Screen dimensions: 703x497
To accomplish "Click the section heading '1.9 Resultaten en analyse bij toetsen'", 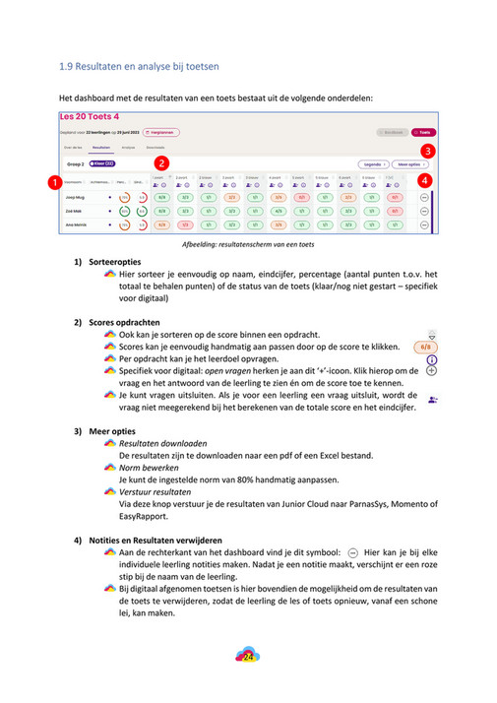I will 139,67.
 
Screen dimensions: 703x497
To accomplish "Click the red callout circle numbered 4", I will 424,181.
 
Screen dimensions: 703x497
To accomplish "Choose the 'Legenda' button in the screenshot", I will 373,164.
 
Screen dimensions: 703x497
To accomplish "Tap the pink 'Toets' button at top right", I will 423,132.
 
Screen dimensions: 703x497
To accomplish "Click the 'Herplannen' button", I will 160,132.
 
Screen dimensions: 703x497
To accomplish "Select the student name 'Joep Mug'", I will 75,197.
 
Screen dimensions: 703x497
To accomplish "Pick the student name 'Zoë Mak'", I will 74,211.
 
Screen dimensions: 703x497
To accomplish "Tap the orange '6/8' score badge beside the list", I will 424,347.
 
